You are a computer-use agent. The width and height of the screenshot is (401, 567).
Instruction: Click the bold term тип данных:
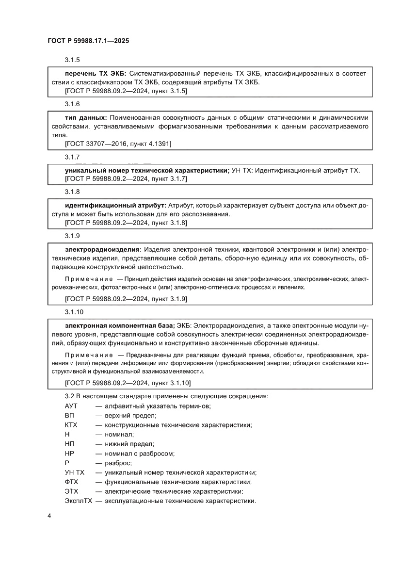[x=86, y=117]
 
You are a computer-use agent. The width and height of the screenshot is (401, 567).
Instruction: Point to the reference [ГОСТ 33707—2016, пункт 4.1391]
[x=118, y=144]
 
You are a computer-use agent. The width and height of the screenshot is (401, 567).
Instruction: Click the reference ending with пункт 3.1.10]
[x=128, y=383]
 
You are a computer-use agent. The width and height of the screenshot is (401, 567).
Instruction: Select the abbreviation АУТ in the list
[x=71, y=405]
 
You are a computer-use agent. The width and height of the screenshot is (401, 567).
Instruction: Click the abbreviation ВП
[x=69, y=415]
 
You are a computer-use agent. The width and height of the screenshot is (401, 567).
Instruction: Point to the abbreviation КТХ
[x=71, y=425]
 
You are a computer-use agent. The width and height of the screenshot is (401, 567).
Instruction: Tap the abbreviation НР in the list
[x=69, y=454]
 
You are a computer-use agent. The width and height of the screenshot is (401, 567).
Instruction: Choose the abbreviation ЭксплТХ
[x=78, y=501]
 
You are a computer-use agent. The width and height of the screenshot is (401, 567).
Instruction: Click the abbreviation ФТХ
[x=71, y=482]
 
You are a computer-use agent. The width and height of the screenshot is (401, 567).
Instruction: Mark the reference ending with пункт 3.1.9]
[x=126, y=299]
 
